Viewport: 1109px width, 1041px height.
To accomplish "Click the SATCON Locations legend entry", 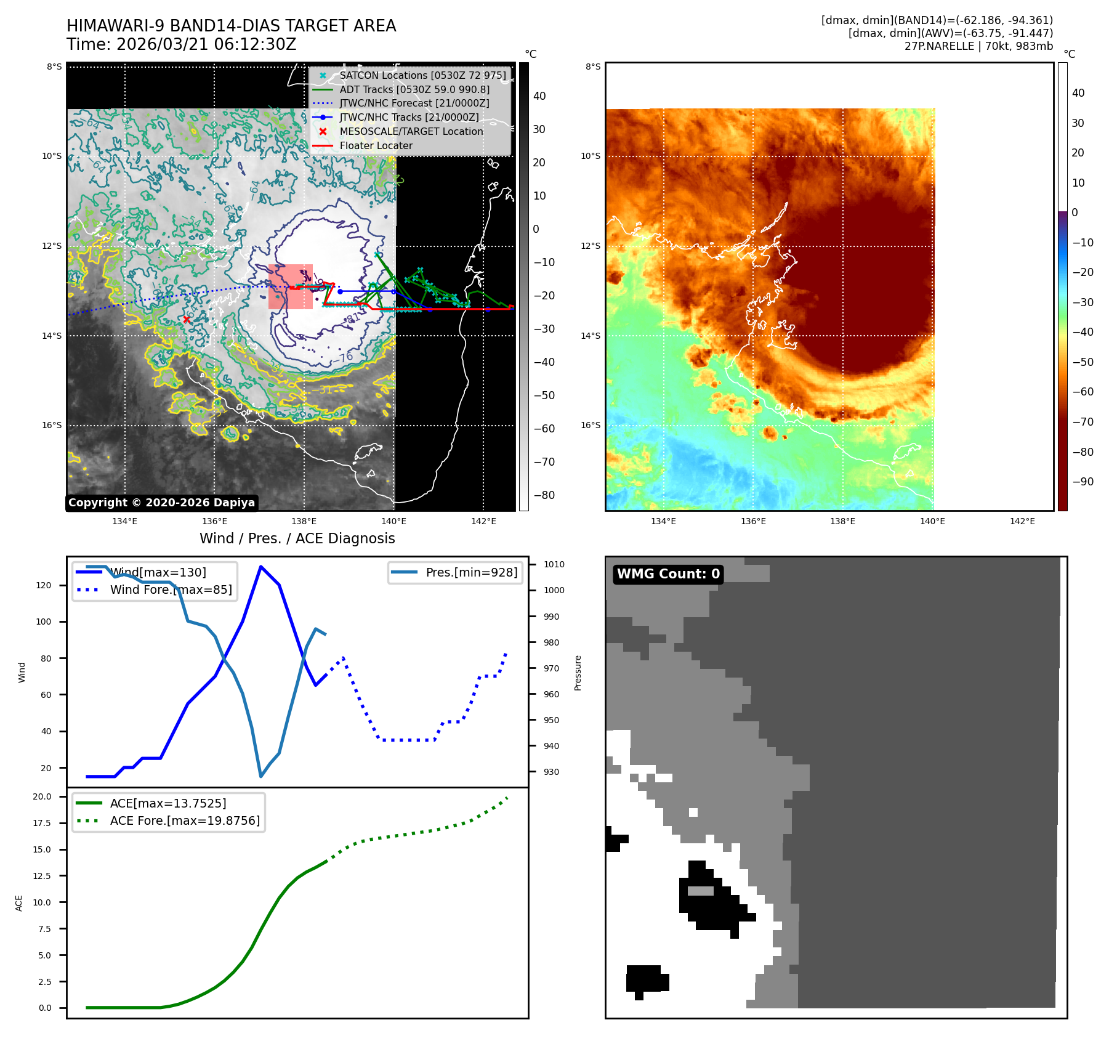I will coord(422,75).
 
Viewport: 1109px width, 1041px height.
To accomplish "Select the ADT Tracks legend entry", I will coord(414,89).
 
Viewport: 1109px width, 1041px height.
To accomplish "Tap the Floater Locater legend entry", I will coord(376,145).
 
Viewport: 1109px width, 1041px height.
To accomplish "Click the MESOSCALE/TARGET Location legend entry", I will coord(411,131).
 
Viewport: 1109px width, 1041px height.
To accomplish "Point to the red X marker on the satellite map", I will coord(187,320).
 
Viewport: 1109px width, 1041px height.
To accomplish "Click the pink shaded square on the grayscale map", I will coord(290,286).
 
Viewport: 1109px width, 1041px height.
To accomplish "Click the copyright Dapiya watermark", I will coord(161,503).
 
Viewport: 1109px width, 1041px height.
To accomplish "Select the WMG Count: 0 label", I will coord(668,574).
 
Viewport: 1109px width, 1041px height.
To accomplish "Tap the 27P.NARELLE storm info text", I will coord(978,46).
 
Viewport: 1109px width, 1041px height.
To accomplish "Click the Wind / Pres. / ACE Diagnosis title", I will coord(297,538).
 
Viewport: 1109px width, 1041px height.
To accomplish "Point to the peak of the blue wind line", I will coord(261,566).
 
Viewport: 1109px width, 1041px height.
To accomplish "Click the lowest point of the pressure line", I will coord(261,777).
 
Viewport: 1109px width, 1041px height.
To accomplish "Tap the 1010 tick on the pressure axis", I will coord(554,564).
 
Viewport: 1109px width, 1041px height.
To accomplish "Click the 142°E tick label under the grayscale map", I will coord(483,521).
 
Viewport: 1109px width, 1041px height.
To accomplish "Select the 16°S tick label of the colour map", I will coord(590,425).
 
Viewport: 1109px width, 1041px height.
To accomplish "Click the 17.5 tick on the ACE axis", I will coord(42,823).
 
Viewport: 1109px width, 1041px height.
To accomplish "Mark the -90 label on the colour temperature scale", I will coord(1083,482).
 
